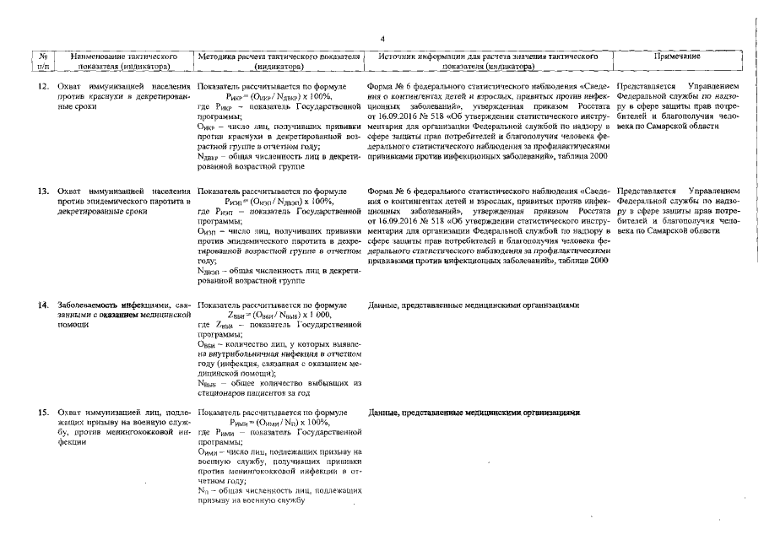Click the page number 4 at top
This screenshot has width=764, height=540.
[382, 38]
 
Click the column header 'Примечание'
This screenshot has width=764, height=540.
[678, 55]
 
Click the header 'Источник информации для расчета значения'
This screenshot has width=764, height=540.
[490, 55]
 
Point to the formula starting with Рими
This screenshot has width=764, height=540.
[279, 422]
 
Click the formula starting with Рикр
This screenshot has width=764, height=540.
[279, 97]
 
